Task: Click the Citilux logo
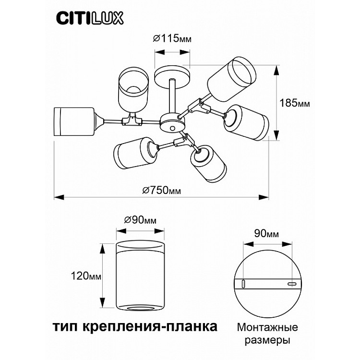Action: [x=90, y=18]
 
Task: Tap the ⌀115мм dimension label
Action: [x=172, y=38]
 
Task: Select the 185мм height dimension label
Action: [x=295, y=103]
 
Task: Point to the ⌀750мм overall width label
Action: [x=162, y=190]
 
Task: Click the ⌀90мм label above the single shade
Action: [x=140, y=220]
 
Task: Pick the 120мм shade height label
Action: [x=86, y=276]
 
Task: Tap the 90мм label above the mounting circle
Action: [x=266, y=233]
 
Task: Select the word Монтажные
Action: [x=267, y=327]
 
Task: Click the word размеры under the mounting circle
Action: [x=267, y=340]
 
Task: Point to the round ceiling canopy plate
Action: [x=172, y=77]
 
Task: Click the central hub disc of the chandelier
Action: [x=172, y=122]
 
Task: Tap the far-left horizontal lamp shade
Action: [x=74, y=122]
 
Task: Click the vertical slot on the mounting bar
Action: [x=243, y=284]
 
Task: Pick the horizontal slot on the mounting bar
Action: [x=292, y=284]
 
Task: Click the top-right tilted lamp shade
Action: [x=231, y=79]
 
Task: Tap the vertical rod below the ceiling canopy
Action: [x=172, y=96]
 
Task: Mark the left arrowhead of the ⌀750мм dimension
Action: [x=59, y=197]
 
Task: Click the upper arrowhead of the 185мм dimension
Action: [x=277, y=70]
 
